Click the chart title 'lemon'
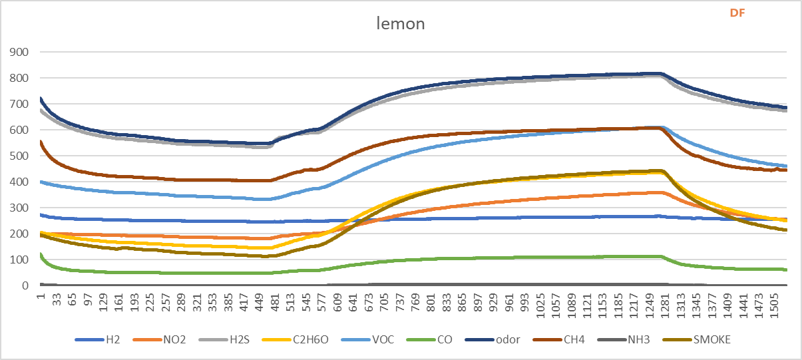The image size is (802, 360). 400,24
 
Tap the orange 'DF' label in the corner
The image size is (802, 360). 737,13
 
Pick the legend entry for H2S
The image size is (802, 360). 238,339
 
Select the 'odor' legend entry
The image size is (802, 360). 504,339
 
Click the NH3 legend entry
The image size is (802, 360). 636,339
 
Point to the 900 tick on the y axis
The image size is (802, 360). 19,52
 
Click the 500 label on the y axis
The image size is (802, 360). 19,156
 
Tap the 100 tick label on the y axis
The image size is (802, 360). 19,260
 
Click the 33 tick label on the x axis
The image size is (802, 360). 57,303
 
